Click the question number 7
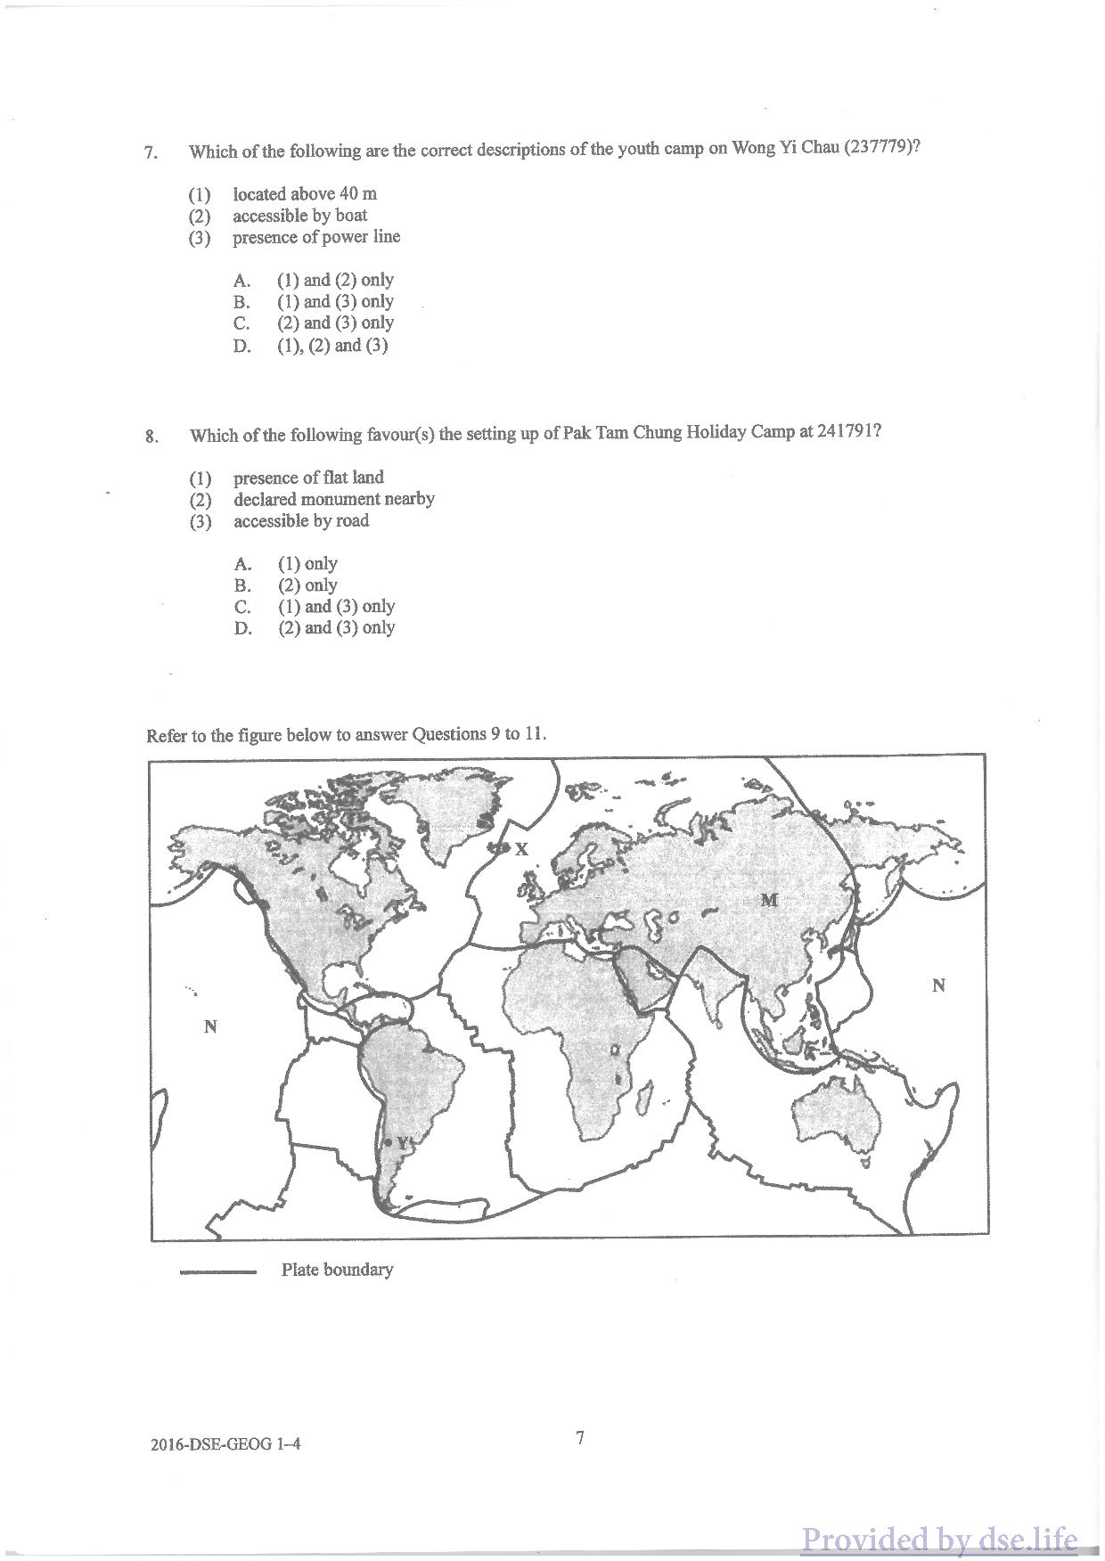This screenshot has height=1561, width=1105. coord(151,152)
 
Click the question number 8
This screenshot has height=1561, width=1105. coord(151,437)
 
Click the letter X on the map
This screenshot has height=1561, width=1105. coord(521,849)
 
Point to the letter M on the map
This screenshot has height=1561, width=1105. coord(769,900)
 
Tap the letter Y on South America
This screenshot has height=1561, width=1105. coord(402,1141)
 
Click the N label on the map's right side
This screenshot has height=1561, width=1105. coord(937,985)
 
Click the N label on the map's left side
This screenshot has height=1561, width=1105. coord(210,1026)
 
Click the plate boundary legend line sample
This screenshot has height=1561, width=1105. coord(217,1272)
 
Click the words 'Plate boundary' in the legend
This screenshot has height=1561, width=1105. coord(337,1270)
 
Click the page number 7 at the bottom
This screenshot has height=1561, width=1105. coord(580,1437)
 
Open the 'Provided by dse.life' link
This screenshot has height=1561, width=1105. coord(940,1539)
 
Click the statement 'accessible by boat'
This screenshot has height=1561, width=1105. coord(300,216)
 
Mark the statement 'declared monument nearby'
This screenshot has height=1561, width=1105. coord(334,499)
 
